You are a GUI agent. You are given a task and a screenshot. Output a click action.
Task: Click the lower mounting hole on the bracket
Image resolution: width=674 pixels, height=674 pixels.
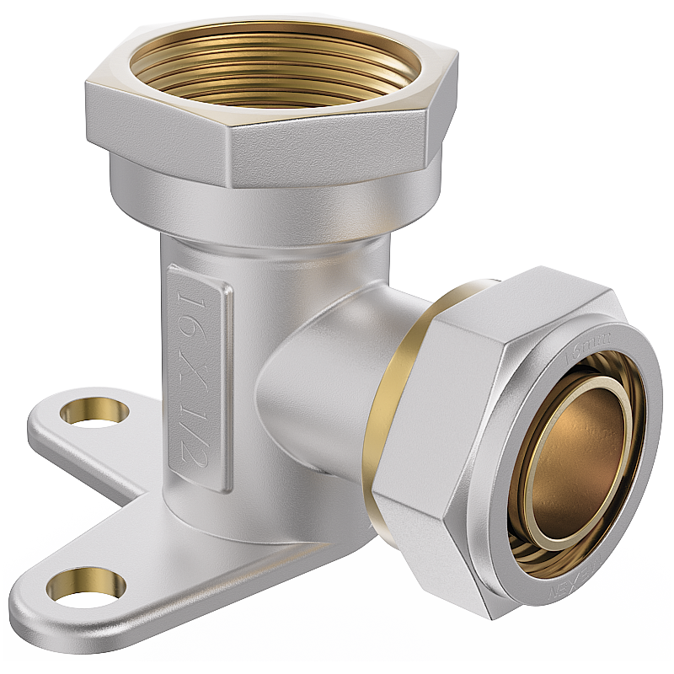[x=86, y=585]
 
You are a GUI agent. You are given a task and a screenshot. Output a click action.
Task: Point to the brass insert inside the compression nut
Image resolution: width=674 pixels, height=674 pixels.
[x=581, y=455]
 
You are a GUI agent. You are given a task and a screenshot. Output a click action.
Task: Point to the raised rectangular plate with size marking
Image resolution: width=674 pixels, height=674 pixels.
[x=199, y=375]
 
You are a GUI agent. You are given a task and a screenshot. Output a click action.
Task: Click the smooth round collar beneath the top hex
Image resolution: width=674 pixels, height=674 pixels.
[x=270, y=206]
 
